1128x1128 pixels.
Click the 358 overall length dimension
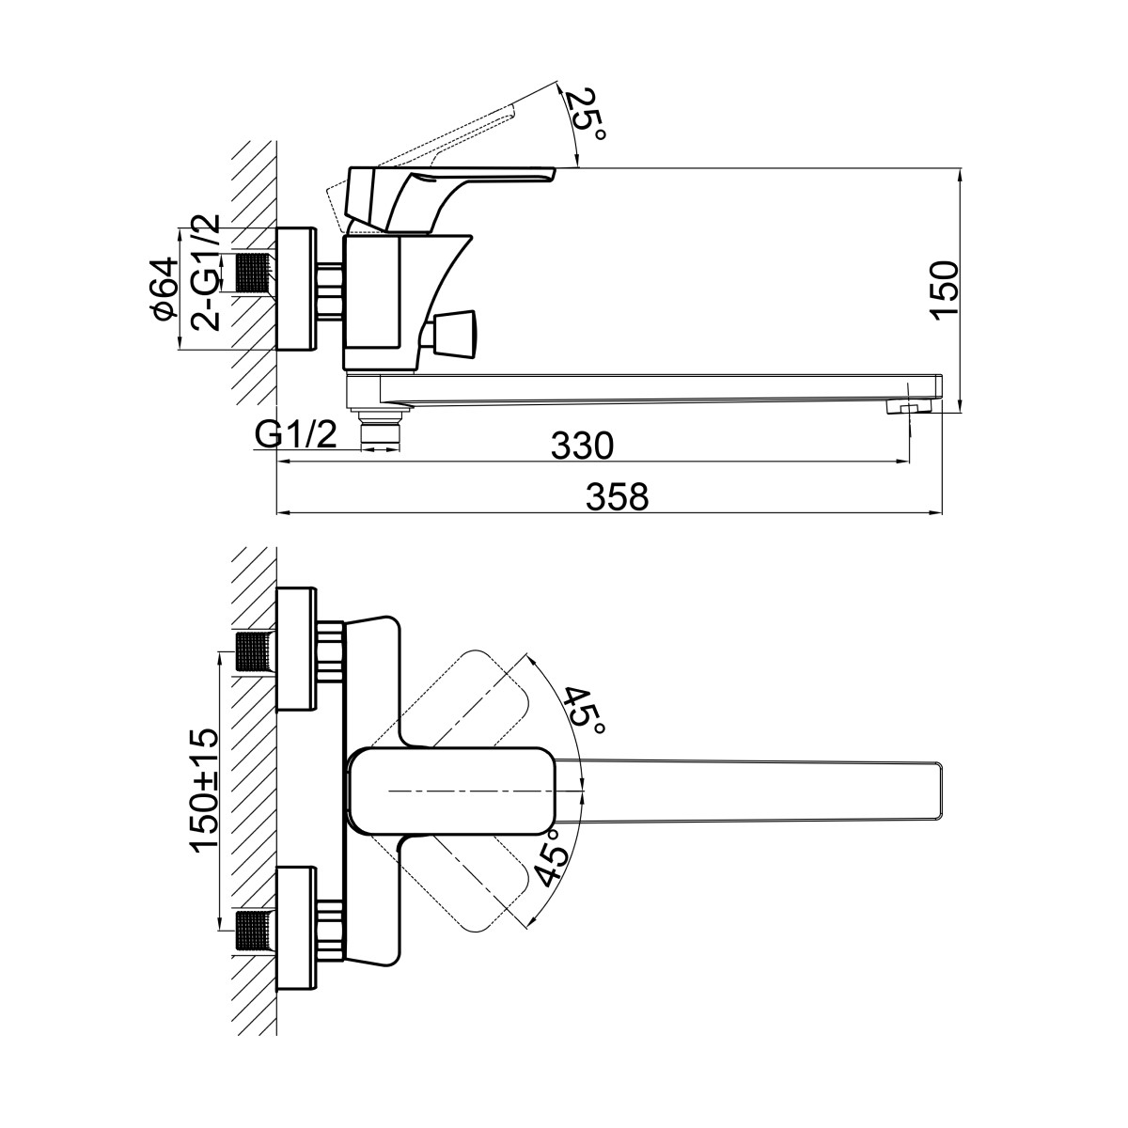(618, 496)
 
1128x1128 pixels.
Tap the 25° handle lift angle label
(589, 114)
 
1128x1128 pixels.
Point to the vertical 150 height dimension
(943, 290)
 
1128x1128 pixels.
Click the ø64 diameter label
(164, 288)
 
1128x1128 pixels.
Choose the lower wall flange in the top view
(298, 929)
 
